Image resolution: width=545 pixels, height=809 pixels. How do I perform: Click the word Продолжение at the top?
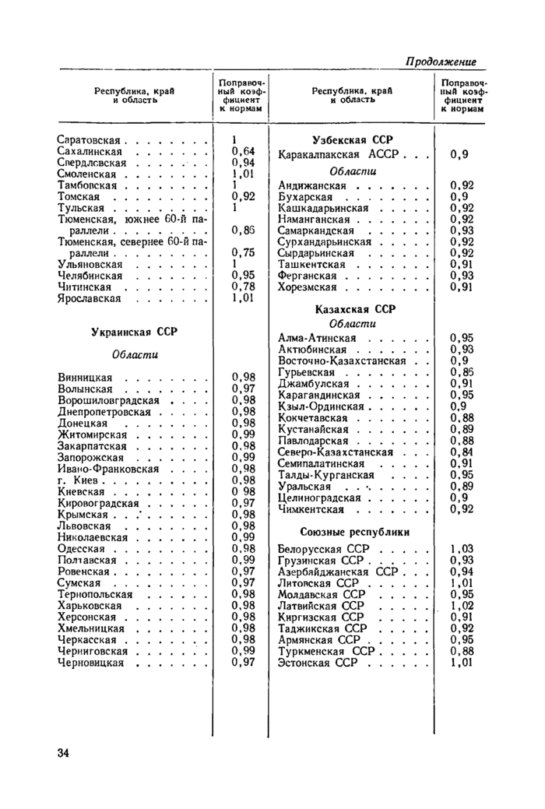point(441,62)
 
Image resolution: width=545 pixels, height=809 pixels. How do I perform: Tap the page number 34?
point(64,752)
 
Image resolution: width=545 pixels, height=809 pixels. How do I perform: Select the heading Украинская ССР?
point(134,331)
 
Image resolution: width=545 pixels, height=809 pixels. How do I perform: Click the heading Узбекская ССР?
point(353,139)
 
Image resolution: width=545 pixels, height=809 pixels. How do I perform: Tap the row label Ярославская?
point(90,297)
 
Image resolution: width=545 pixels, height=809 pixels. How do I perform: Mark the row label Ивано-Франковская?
point(104,469)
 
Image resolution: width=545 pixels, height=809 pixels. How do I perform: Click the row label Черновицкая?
point(91,662)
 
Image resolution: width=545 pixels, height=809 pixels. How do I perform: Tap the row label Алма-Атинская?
point(317,338)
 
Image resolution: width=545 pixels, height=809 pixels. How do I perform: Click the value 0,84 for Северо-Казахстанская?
point(462,452)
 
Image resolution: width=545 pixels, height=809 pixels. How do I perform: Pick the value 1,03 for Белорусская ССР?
point(462,549)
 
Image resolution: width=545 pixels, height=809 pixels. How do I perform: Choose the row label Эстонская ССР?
point(317,663)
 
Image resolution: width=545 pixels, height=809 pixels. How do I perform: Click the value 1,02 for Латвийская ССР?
point(462,606)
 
